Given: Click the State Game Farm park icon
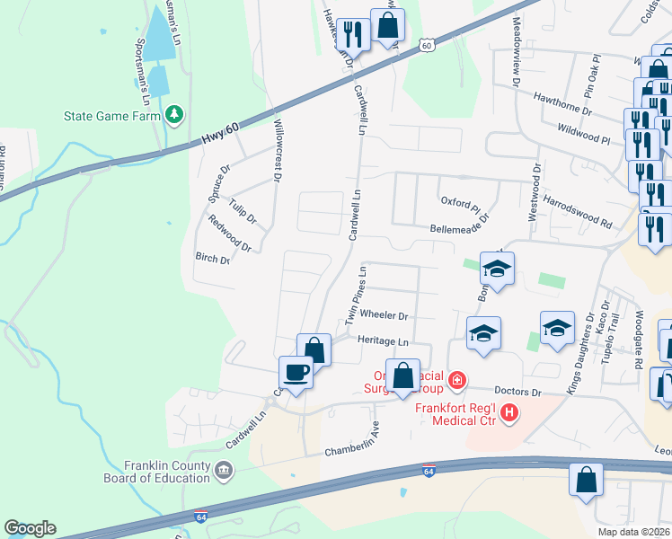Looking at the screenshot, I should coord(174,115).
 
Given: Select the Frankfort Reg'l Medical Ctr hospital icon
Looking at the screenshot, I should coord(509,413).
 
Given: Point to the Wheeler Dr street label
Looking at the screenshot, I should coord(384,316).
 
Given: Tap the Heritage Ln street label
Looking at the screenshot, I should coord(383,341).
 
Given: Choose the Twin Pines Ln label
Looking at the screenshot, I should coord(355,296).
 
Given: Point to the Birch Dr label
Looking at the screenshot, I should coord(213,258).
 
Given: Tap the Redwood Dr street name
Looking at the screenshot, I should coord(229,234).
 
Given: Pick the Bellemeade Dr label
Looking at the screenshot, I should coord(463,228).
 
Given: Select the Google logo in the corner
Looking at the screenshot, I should coord(31,528).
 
